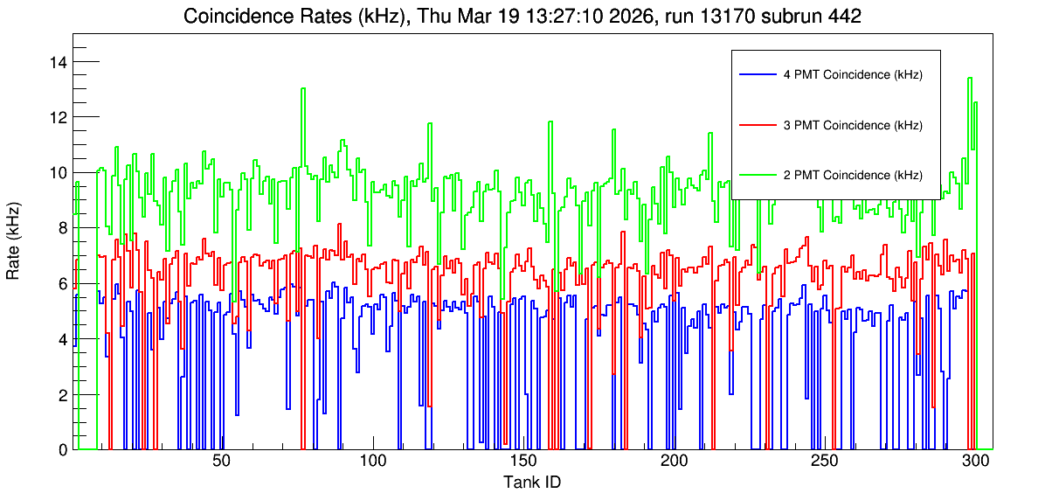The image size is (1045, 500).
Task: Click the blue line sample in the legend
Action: tap(757, 74)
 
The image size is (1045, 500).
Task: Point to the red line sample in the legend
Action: tap(757, 125)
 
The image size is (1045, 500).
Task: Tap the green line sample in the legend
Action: tap(757, 175)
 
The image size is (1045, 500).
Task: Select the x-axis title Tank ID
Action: tap(532, 482)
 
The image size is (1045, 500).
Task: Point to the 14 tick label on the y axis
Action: tap(59, 62)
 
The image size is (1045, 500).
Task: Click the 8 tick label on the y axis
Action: tap(63, 228)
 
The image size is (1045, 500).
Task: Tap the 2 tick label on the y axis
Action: tap(63, 394)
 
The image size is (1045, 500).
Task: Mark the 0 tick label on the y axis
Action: tap(63, 449)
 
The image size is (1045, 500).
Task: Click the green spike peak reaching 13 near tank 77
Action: tap(303, 88)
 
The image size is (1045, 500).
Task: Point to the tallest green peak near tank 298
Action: tap(970, 78)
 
